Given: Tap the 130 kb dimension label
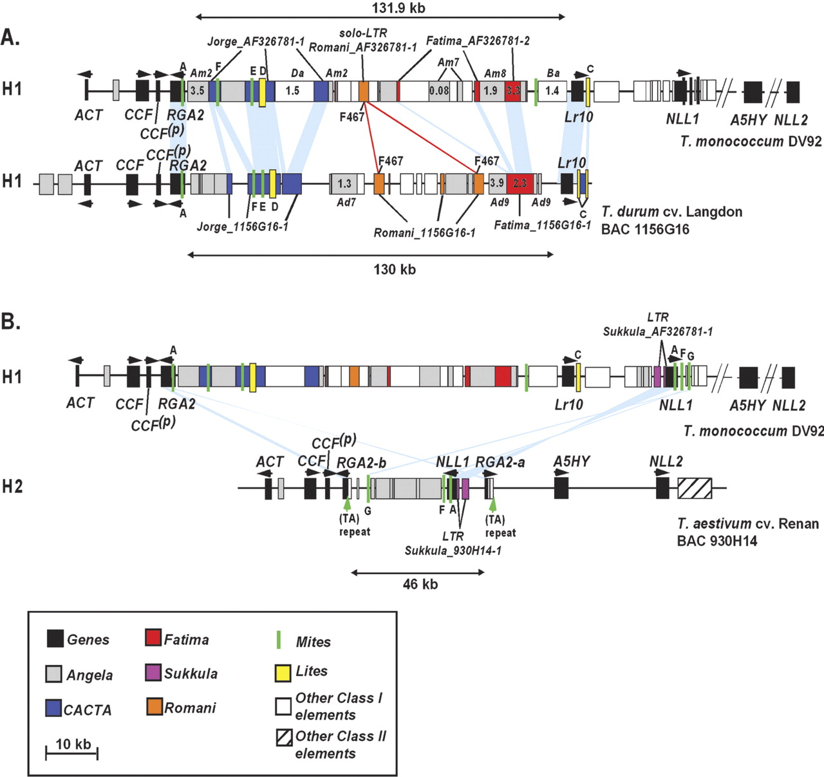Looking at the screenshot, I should tap(394, 270).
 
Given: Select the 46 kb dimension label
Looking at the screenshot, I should tap(420, 585).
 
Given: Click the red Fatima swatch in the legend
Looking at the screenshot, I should tap(153, 638).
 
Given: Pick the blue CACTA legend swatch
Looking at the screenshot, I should tap(53, 708).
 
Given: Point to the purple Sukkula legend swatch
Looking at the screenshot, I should tap(153, 673).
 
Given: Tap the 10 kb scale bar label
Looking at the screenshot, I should tap(73, 744).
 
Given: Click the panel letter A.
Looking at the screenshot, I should tap(10, 37).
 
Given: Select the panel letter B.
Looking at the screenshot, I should tap(10, 321).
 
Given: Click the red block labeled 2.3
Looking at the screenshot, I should tap(520, 183).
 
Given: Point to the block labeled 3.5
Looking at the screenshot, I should tap(198, 91).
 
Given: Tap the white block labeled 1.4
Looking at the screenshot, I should tap(552, 91).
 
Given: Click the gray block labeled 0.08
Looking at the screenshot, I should tap(439, 91).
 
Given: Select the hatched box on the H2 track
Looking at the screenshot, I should tap(695, 488).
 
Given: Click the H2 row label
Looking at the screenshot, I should tap(12, 487).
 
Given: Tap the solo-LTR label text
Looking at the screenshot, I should tap(362, 33).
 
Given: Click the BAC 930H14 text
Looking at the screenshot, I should tap(716, 541).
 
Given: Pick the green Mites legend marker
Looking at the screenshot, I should tap(279, 640).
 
